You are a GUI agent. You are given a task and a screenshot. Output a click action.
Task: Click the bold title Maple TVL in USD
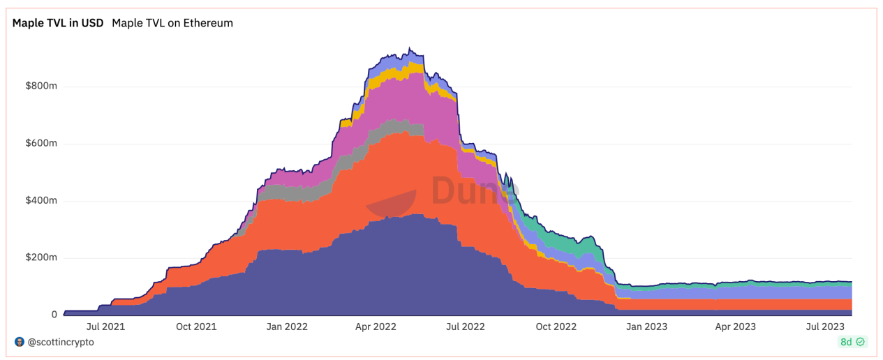pos(58,23)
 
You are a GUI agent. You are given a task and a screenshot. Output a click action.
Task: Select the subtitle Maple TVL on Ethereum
pos(172,23)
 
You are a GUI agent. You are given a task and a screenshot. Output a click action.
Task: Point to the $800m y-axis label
pos(40,87)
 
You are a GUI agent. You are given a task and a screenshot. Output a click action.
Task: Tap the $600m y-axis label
pos(40,144)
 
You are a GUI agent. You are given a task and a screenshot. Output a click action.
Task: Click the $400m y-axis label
pos(40,201)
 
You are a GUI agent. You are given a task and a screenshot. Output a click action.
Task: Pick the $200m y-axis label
pos(40,258)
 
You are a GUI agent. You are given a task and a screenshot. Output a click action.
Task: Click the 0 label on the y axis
pos(54,315)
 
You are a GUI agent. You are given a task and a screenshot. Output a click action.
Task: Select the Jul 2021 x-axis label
pos(105,326)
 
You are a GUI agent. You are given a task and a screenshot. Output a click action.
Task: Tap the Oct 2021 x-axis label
pos(195,326)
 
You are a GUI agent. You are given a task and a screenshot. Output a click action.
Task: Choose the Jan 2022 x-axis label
pos(287,326)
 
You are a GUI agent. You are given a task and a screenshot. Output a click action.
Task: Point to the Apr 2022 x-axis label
pos(376,326)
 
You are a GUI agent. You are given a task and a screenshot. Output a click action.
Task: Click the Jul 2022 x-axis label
pos(465,326)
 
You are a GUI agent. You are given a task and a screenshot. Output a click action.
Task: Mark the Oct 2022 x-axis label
pos(556,326)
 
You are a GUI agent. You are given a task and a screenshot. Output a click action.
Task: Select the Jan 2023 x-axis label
pos(646,326)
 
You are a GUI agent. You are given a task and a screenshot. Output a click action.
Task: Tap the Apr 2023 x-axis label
pos(736,326)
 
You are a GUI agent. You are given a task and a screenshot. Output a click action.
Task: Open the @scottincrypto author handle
pos(61,343)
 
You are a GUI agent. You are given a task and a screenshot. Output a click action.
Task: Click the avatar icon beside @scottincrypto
pos(19,343)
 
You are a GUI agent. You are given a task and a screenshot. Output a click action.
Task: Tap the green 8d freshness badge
pos(852,343)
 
